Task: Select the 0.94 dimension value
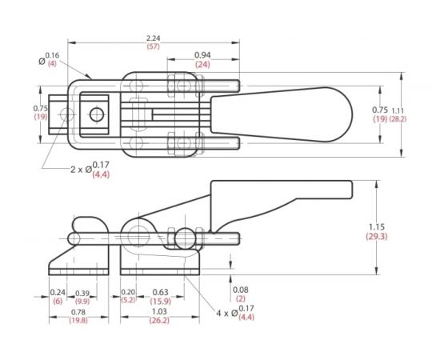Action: coord(202,55)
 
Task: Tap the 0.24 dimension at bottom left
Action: coord(58,292)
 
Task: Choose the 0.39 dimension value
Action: coord(82,292)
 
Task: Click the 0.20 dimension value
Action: coord(127,292)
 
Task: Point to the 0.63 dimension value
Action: coord(160,292)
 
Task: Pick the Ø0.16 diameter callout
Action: coord(50,58)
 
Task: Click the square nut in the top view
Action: coord(98,114)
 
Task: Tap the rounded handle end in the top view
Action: coord(336,114)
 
